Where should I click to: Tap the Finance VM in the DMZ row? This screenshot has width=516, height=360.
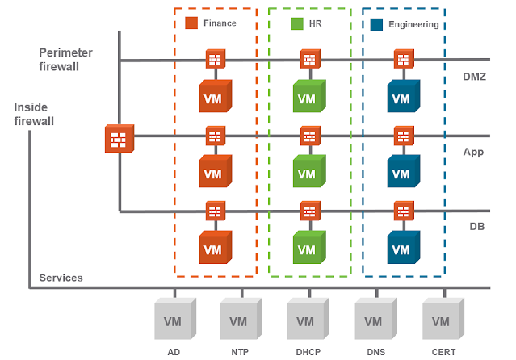click(x=215, y=97)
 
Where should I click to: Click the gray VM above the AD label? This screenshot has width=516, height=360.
click(x=174, y=320)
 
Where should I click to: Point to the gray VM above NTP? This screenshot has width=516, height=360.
click(x=240, y=320)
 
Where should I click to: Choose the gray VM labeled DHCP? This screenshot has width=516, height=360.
click(x=307, y=320)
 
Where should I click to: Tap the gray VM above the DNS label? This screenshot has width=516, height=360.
click(x=375, y=320)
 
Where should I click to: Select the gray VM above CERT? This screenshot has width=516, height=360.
click(x=442, y=320)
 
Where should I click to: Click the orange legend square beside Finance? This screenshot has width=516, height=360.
click(x=191, y=23)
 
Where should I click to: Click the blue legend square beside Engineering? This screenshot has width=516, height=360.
click(x=376, y=24)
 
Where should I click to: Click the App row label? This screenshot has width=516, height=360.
click(x=473, y=151)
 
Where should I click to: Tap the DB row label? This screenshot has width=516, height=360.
click(x=476, y=227)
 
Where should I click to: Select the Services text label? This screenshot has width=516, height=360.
click(x=61, y=278)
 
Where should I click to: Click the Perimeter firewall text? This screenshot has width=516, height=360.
click(x=65, y=59)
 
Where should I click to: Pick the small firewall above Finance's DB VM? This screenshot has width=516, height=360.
click(x=215, y=211)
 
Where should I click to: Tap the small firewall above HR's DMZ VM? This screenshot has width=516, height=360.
click(x=308, y=60)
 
